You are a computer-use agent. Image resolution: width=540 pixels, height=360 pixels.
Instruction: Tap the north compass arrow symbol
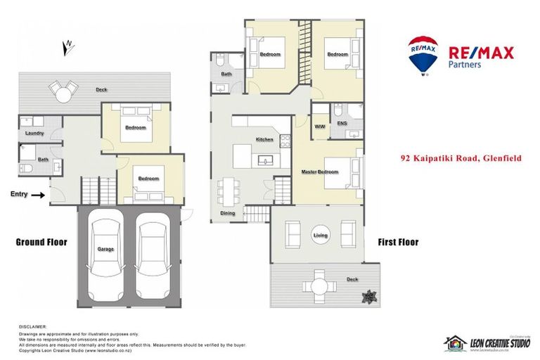tap(68, 47)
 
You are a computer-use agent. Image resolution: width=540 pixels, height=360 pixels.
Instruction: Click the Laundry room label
tap(34, 133)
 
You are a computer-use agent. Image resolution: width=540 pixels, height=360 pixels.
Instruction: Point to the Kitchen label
tap(264, 140)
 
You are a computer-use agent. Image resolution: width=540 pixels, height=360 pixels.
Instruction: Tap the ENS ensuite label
tap(342, 123)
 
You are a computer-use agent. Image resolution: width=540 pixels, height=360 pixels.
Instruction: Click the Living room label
tap(321, 236)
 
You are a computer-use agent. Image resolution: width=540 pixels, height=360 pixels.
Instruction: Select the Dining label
tap(228, 213)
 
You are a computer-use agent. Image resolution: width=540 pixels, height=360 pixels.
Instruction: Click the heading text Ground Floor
tap(41, 242)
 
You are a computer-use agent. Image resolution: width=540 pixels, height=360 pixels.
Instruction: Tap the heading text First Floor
tap(398, 242)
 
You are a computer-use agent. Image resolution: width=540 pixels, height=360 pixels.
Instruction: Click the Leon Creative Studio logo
tap(486, 342)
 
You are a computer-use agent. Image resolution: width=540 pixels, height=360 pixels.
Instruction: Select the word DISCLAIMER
tap(33, 327)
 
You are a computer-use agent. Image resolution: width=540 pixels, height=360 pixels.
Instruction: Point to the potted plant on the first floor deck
tap(367, 298)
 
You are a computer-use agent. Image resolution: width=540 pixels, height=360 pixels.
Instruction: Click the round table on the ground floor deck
tap(64, 91)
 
